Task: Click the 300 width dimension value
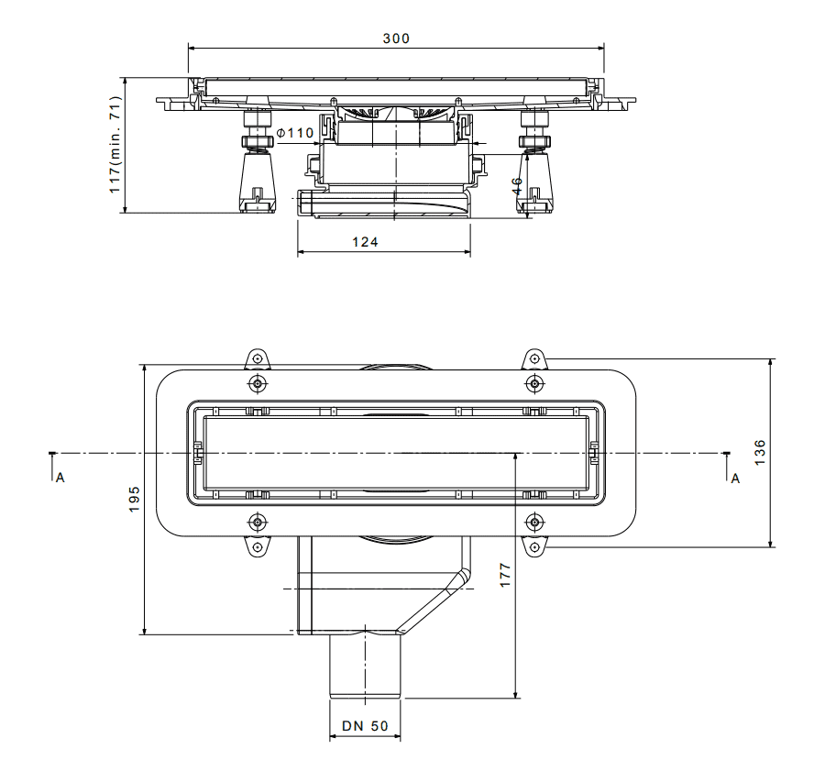point(396,39)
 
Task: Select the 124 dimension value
point(365,242)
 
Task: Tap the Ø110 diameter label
point(295,132)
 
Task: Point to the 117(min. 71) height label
point(115,145)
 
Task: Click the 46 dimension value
point(517,185)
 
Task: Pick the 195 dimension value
point(134,499)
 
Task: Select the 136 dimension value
point(760,452)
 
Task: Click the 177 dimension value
point(505,575)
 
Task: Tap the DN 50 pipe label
point(365,726)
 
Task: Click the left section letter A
point(60,478)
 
